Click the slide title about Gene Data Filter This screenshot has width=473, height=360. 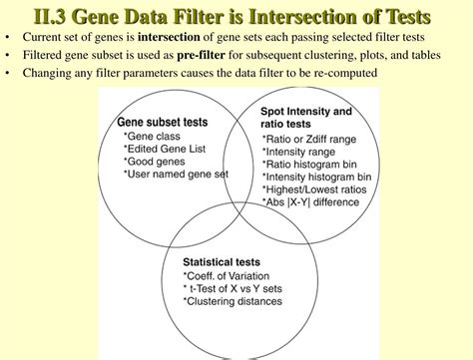point(236,16)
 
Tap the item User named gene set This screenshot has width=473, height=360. point(176,173)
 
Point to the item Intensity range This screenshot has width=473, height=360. point(299,152)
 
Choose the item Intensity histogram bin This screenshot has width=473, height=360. point(316,177)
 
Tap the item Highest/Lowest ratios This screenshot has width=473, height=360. point(311,188)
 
